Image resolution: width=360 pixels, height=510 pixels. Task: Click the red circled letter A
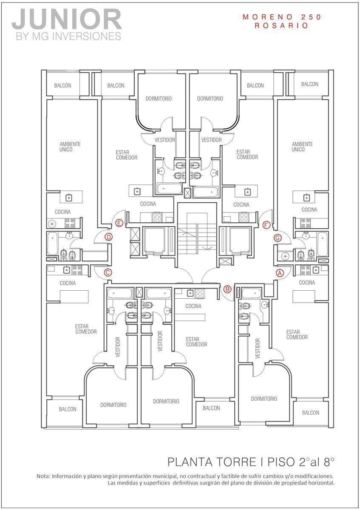(x=280, y=273)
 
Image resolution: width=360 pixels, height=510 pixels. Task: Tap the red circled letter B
(x=227, y=289)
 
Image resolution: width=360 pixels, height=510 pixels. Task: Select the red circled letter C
(x=108, y=272)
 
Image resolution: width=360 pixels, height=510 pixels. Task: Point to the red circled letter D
(x=109, y=237)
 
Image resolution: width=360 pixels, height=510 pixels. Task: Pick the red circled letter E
(x=119, y=223)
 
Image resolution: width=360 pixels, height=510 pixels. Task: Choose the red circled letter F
(x=266, y=225)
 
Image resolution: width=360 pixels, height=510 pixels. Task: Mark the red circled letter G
(x=278, y=238)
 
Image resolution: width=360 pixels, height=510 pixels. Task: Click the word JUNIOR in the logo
(x=67, y=19)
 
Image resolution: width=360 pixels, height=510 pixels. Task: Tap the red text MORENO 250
(x=282, y=17)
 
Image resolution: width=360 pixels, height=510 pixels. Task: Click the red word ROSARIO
(x=281, y=25)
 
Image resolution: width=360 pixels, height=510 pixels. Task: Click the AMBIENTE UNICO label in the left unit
(x=70, y=147)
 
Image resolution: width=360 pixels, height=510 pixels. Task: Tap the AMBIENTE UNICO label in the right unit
(x=302, y=147)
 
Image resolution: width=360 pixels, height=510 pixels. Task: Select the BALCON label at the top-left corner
(x=62, y=85)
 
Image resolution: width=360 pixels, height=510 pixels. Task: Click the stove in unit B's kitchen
(x=200, y=294)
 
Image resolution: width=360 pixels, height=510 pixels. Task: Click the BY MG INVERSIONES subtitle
(x=68, y=36)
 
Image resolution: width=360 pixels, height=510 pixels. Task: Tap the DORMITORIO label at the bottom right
(x=264, y=399)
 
